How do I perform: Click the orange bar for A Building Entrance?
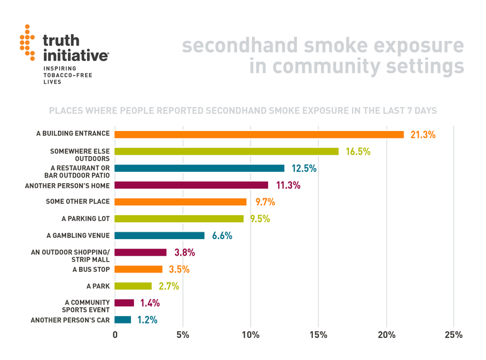coord(259,134)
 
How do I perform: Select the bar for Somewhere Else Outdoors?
coord(227,151)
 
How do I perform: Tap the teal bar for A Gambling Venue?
coord(160,235)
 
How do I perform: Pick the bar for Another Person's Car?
coord(123,320)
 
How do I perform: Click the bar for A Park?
coord(133,286)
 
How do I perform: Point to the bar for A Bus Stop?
coord(138,269)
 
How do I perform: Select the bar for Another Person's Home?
coord(191,185)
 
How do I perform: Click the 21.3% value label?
coord(422,135)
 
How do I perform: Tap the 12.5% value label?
coord(303,169)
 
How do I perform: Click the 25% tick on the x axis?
coord(453,334)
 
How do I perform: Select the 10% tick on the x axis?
coord(251,334)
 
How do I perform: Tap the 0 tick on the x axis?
coord(115,334)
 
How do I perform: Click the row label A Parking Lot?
coord(86,218)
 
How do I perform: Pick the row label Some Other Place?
coord(78,201)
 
